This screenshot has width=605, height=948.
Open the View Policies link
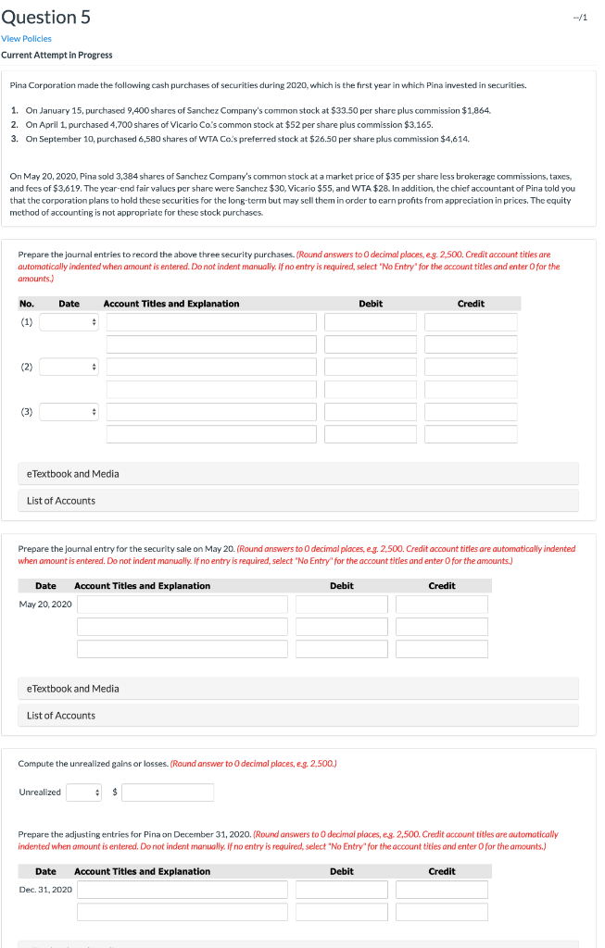[x=26, y=39]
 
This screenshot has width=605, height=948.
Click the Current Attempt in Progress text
[x=57, y=55]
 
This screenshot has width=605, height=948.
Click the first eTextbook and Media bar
[x=298, y=474]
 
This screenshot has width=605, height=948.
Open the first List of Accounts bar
[x=298, y=501]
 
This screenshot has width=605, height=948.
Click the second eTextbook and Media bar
[x=298, y=689]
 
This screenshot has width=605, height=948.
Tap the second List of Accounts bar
[x=298, y=716]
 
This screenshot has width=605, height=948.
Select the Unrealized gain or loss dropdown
[x=83, y=792]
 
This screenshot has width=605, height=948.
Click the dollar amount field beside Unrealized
[x=168, y=792]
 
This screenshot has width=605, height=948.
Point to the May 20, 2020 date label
[x=45, y=605]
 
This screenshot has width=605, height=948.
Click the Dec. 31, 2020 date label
[x=45, y=890]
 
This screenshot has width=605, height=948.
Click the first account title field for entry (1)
[x=211, y=322]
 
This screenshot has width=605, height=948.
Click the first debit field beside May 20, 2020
[x=342, y=605]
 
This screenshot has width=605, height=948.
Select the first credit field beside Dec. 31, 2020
[x=442, y=890]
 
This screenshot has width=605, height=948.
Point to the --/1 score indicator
[x=581, y=18]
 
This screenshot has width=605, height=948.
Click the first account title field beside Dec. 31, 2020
[x=183, y=890]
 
